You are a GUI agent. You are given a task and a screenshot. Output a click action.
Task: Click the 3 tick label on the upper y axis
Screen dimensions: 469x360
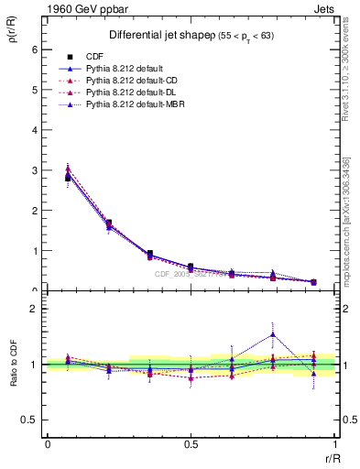(30, 170)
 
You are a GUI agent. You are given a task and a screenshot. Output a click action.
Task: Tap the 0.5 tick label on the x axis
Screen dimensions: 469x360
(191, 443)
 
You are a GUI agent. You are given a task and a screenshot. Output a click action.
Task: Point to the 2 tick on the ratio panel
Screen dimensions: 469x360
(30, 309)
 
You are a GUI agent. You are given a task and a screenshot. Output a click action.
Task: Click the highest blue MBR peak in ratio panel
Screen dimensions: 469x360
(273, 333)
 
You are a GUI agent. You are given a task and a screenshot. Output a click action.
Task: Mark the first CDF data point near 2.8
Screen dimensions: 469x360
(68, 178)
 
